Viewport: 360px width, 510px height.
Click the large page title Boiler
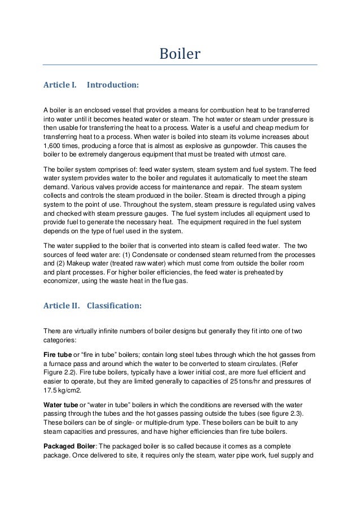(x=180, y=55)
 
